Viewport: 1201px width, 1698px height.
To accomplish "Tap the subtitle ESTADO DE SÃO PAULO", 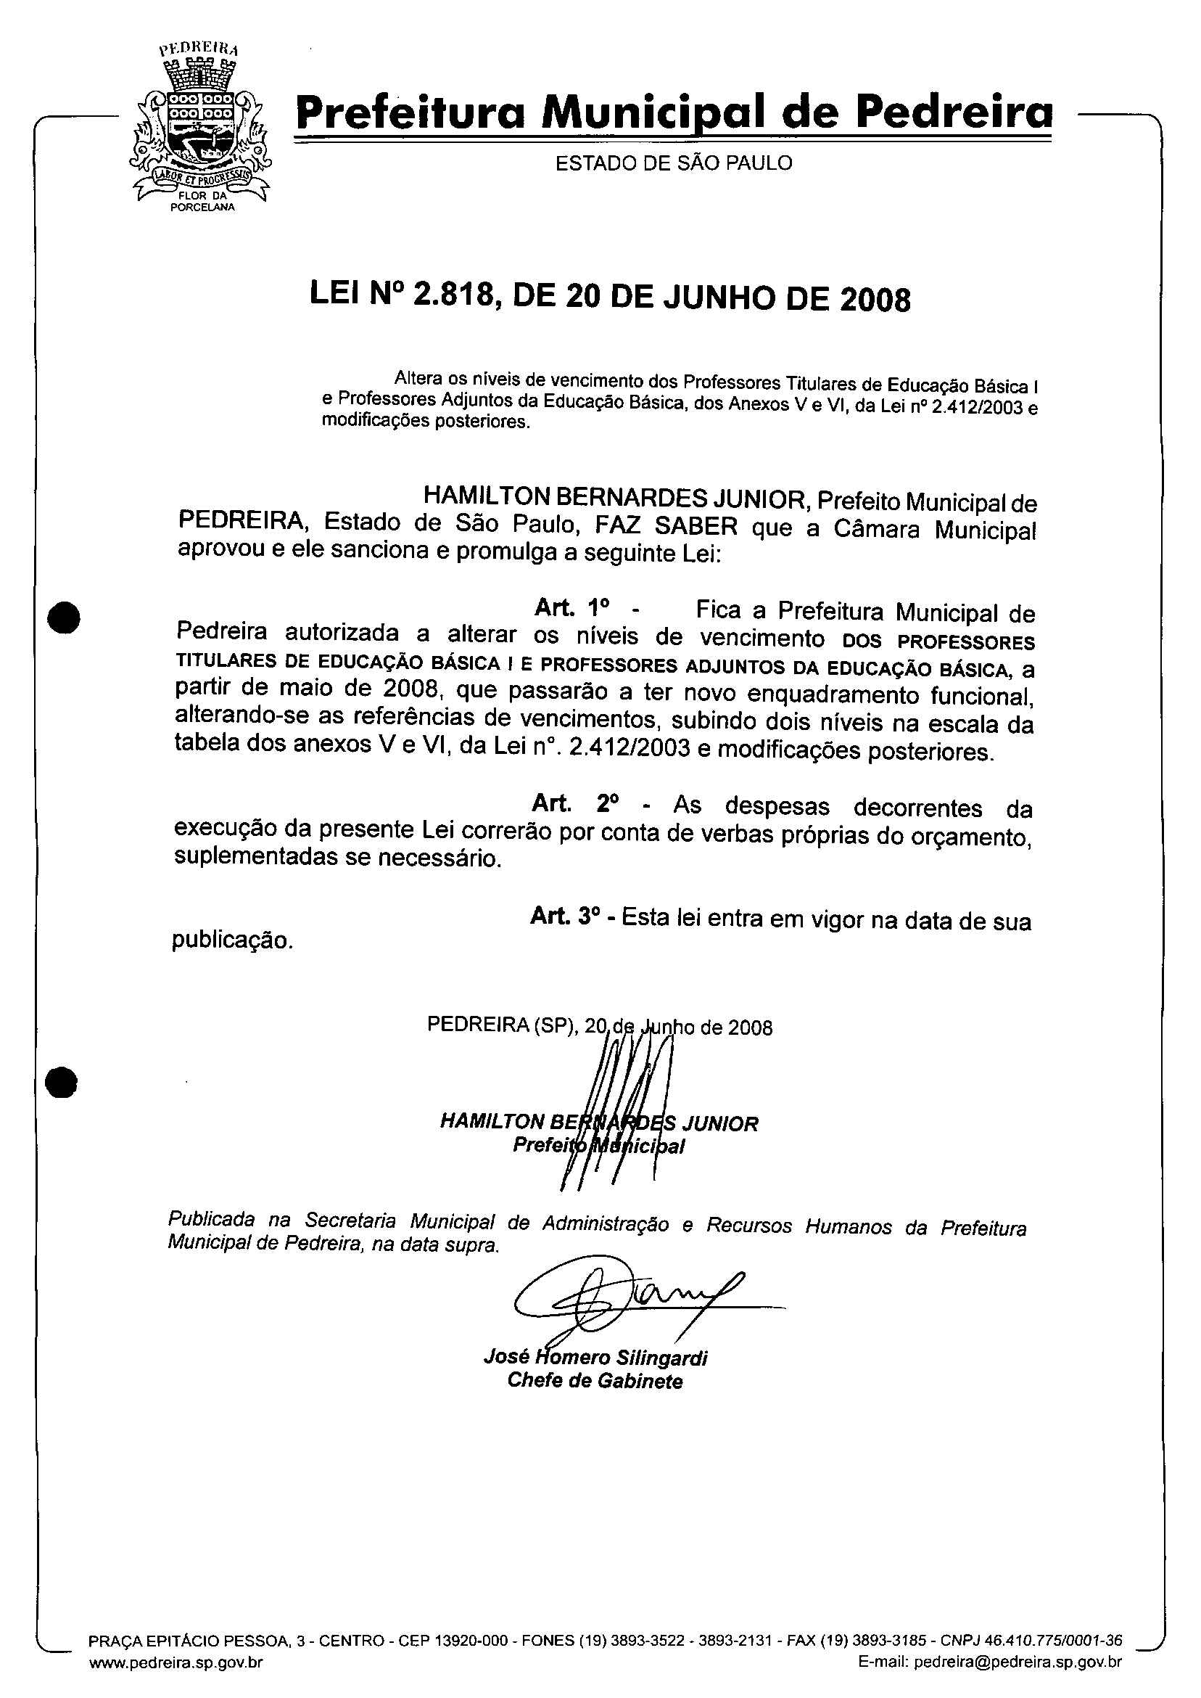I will pyautogui.click(x=674, y=163).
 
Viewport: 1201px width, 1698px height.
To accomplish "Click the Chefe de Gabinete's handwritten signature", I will pyautogui.click(x=622, y=1298).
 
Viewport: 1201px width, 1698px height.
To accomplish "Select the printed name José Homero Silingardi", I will pyautogui.click(x=595, y=1358).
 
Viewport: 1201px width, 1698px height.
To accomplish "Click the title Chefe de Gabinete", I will pyautogui.click(x=595, y=1381).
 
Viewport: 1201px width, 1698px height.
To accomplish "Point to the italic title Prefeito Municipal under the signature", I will pyautogui.click(x=599, y=1146).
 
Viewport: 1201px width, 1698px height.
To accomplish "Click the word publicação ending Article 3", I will pyautogui.click(x=233, y=941).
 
